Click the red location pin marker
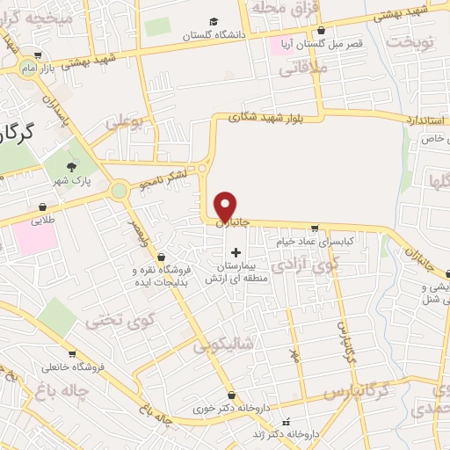coord(226,207)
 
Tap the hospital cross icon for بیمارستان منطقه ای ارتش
coord(236,253)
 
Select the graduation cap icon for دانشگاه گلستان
coord(214,21)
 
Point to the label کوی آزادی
coord(297,263)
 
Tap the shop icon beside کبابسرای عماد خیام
coord(338,227)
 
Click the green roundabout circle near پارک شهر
coord(119,189)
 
